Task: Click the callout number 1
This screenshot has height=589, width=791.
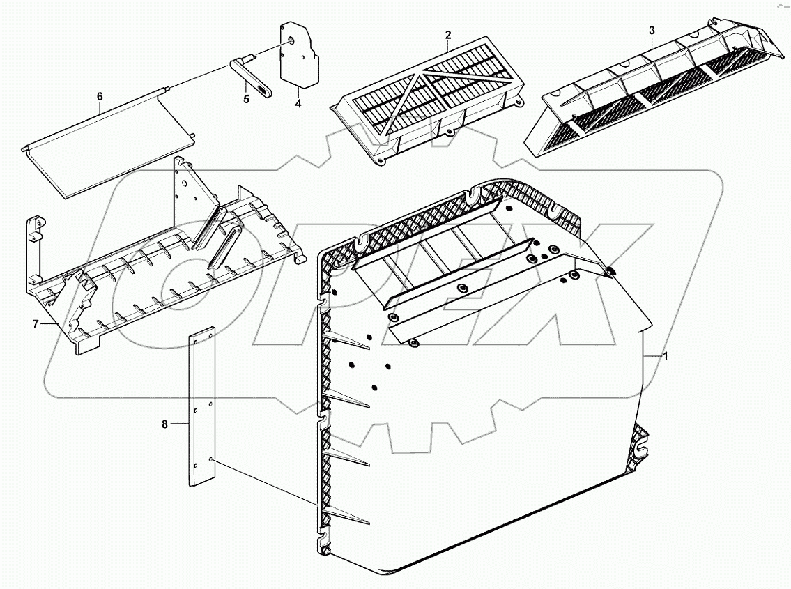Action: click(666, 356)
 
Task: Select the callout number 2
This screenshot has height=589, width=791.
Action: click(448, 35)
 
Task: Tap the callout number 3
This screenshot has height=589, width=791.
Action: click(651, 31)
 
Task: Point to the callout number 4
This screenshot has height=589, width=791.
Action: click(298, 103)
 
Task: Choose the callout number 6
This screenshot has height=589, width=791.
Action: click(100, 96)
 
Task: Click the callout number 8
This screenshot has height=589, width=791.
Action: click(165, 424)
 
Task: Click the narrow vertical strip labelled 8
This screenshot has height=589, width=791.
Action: click(202, 408)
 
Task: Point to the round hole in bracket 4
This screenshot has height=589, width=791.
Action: click(288, 41)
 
